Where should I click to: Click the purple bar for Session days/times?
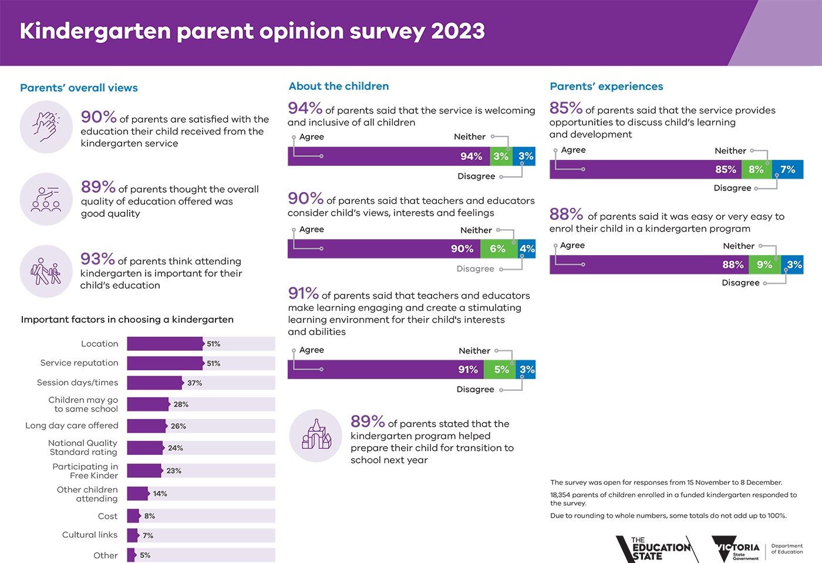154,383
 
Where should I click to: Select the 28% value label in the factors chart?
181,404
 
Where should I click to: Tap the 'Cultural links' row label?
90,535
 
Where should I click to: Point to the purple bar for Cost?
133,516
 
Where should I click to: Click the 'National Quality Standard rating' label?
83,447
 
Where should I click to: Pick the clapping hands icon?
46,127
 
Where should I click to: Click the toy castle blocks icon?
316,435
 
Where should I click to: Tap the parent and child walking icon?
46,272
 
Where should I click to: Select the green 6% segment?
497,249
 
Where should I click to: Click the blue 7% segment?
787,169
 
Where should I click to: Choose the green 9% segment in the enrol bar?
764,264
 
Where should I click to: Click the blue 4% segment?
527,249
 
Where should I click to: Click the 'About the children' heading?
339,86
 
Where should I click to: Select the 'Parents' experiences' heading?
606,86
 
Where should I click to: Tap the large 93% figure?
97,259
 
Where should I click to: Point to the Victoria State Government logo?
736,549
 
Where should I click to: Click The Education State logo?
655,549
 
